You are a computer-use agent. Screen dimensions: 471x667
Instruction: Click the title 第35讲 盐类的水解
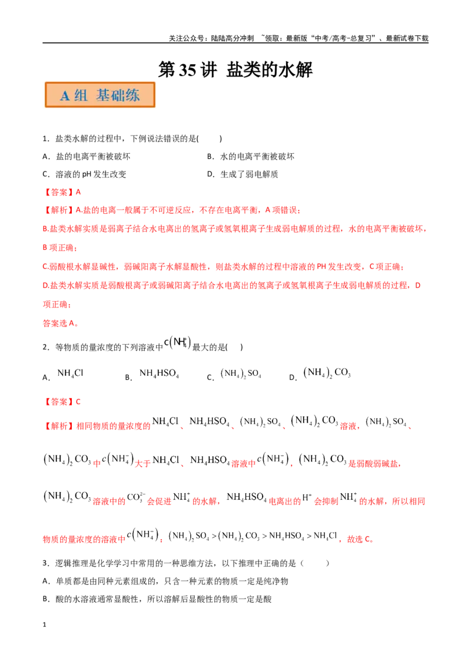[235, 70]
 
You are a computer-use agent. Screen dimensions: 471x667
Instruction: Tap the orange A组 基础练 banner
[100, 95]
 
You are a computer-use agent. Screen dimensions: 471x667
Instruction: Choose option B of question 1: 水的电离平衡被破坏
[250, 157]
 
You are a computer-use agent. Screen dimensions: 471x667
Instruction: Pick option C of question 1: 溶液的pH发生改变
[84, 174]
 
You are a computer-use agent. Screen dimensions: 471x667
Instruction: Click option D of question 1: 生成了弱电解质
[243, 174]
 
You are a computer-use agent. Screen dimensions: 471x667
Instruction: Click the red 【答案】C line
[62, 402]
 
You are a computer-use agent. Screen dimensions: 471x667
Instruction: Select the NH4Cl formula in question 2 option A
[70, 374]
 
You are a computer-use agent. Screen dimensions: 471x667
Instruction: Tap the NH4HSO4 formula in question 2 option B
[159, 374]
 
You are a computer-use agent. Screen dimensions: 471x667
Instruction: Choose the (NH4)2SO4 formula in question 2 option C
[241, 374]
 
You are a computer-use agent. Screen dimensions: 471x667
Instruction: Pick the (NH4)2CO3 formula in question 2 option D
[327, 373]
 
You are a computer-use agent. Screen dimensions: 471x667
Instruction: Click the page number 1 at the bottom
[44, 625]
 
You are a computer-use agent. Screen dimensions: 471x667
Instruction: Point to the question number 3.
[46, 563]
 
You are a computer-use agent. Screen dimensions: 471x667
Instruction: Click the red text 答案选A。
[61, 323]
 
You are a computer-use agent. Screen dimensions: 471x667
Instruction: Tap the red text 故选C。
[360, 539]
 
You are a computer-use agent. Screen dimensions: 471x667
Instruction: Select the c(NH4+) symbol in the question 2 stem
[178, 342]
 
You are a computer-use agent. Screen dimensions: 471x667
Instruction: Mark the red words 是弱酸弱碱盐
[373, 463]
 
